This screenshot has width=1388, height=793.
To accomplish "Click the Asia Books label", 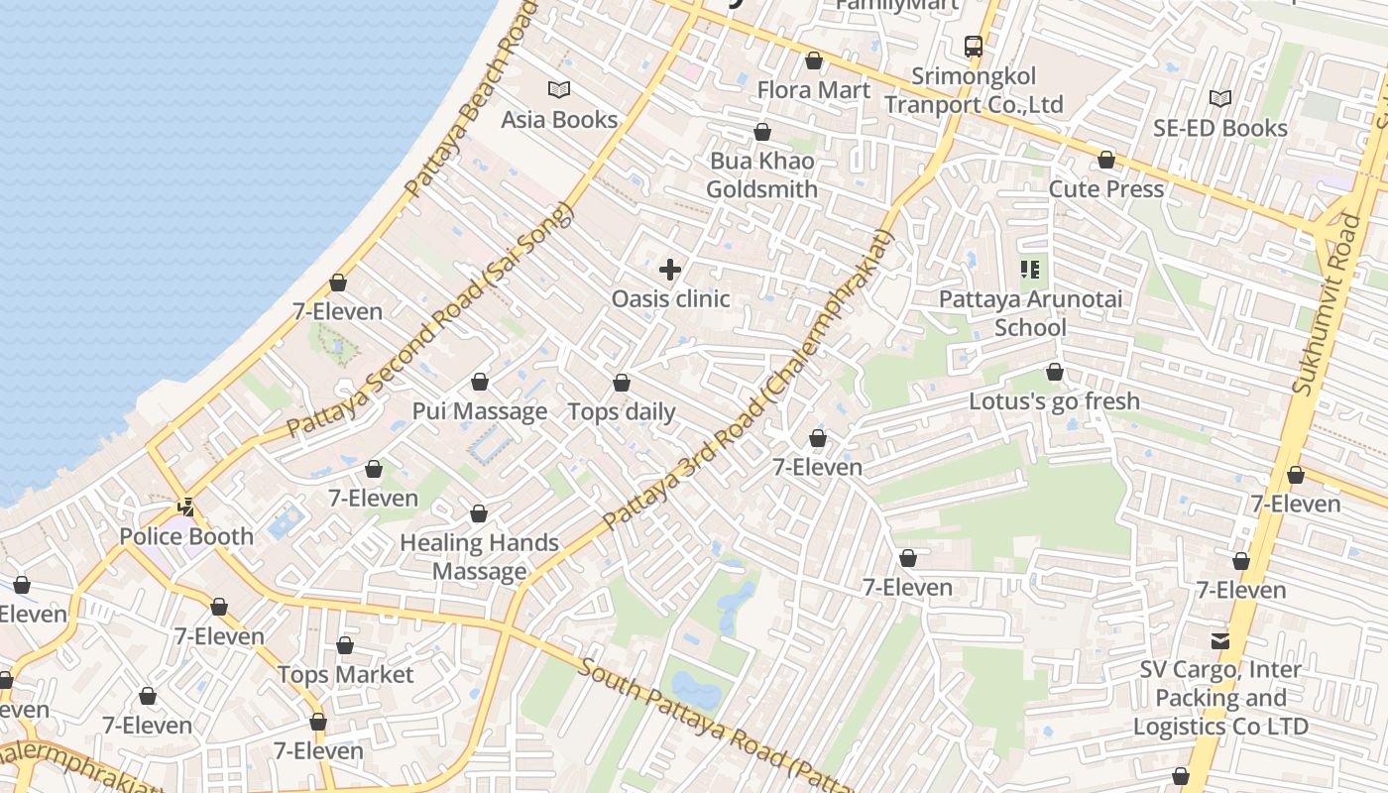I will [559, 120].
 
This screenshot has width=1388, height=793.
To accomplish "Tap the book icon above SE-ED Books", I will [1220, 98].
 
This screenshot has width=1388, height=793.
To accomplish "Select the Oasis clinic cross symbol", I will [670, 269].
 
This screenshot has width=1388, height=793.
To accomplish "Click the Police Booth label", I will [186, 536].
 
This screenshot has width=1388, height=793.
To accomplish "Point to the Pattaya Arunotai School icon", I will [1030, 269].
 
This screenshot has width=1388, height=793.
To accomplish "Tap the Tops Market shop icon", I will [345, 646].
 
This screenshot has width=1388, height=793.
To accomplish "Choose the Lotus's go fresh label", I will [1054, 401].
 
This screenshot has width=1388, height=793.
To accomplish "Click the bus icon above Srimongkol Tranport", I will [974, 46].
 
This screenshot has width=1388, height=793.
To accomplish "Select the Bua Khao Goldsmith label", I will [762, 175].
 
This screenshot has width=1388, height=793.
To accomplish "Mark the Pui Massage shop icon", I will [480, 382].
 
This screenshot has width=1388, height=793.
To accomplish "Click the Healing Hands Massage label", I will [480, 557].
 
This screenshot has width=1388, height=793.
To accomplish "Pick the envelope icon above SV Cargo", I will [1220, 641].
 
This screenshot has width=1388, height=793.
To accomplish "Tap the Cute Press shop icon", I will [1106, 160].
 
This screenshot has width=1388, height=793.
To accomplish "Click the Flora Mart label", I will [814, 90].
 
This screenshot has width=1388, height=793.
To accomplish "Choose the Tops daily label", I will [622, 412].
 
